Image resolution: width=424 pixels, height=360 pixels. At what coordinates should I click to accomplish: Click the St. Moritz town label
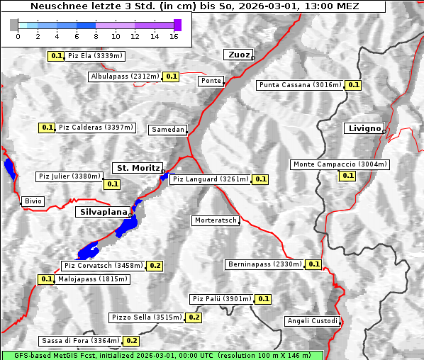(137, 168)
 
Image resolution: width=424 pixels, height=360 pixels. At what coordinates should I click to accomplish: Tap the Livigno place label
(364, 128)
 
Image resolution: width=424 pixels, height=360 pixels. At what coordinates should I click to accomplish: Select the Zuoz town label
(238, 55)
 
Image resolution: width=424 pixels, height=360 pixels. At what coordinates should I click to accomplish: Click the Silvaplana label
(103, 211)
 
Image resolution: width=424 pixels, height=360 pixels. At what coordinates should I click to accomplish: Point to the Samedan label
(167, 130)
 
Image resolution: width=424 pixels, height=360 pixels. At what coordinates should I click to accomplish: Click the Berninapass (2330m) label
(264, 264)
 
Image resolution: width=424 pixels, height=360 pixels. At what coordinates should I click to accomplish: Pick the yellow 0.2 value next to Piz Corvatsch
(155, 266)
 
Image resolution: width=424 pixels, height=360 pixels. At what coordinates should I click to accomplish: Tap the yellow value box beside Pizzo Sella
(194, 317)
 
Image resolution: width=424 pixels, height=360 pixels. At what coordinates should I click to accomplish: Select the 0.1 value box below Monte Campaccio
(347, 175)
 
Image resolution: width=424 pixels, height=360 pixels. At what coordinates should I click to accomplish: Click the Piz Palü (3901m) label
(221, 299)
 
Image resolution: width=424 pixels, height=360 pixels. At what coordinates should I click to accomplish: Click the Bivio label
(33, 201)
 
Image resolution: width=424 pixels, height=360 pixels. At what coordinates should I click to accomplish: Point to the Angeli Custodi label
(313, 321)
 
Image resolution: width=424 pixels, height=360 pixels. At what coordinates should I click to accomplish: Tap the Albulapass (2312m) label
(125, 76)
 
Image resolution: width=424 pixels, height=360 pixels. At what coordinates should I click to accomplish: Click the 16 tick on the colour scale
(174, 35)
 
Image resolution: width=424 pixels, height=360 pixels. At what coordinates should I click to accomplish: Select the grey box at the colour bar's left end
(14, 25)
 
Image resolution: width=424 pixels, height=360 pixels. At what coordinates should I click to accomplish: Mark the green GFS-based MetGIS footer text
(162, 355)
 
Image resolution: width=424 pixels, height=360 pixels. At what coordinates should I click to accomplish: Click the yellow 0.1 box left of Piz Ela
(56, 56)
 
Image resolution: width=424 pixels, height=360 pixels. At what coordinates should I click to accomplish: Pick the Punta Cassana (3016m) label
(299, 85)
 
